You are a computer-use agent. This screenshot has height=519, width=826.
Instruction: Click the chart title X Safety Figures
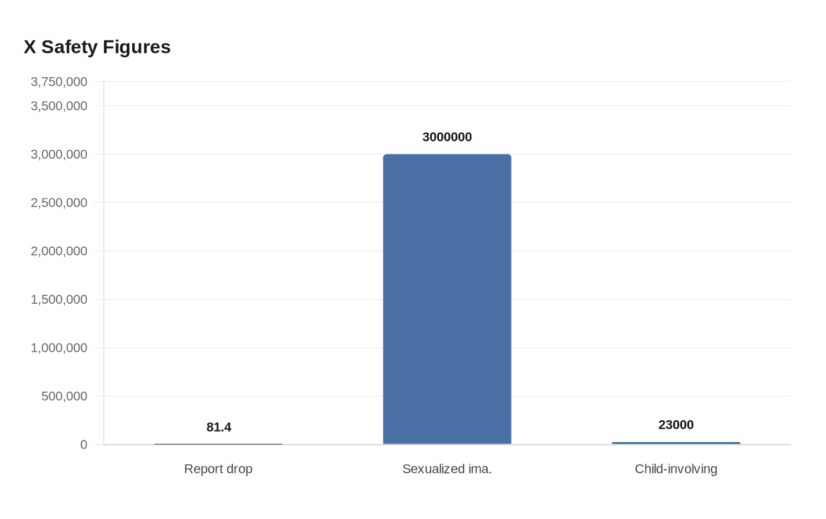point(97,47)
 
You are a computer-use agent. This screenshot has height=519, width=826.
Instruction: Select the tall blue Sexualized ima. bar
point(447,299)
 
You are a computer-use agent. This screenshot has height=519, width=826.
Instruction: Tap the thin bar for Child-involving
point(676,443)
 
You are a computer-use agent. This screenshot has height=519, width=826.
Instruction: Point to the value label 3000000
point(447,137)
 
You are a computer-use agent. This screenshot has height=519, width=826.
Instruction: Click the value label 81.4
point(219,427)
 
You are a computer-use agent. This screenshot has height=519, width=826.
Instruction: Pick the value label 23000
point(676,425)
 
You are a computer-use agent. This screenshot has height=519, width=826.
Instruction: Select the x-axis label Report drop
point(218,469)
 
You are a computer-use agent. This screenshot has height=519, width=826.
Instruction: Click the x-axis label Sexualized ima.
point(447,469)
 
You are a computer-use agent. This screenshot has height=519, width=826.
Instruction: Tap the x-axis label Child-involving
point(676,469)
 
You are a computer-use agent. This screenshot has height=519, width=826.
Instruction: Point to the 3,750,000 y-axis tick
point(59,81)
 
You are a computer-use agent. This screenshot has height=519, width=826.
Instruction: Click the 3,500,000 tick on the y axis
point(59,106)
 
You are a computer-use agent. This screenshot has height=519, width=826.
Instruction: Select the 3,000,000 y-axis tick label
point(59,154)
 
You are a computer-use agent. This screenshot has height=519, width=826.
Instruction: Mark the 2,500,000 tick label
point(59,202)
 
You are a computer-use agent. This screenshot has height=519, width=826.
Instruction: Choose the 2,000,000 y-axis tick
point(59,251)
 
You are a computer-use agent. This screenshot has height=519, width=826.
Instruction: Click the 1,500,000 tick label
point(59,299)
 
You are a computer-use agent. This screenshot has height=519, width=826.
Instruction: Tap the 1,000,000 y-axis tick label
point(59,347)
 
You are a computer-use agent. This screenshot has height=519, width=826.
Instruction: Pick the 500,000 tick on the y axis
point(64,396)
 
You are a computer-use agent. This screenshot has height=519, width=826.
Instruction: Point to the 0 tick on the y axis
point(84,445)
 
